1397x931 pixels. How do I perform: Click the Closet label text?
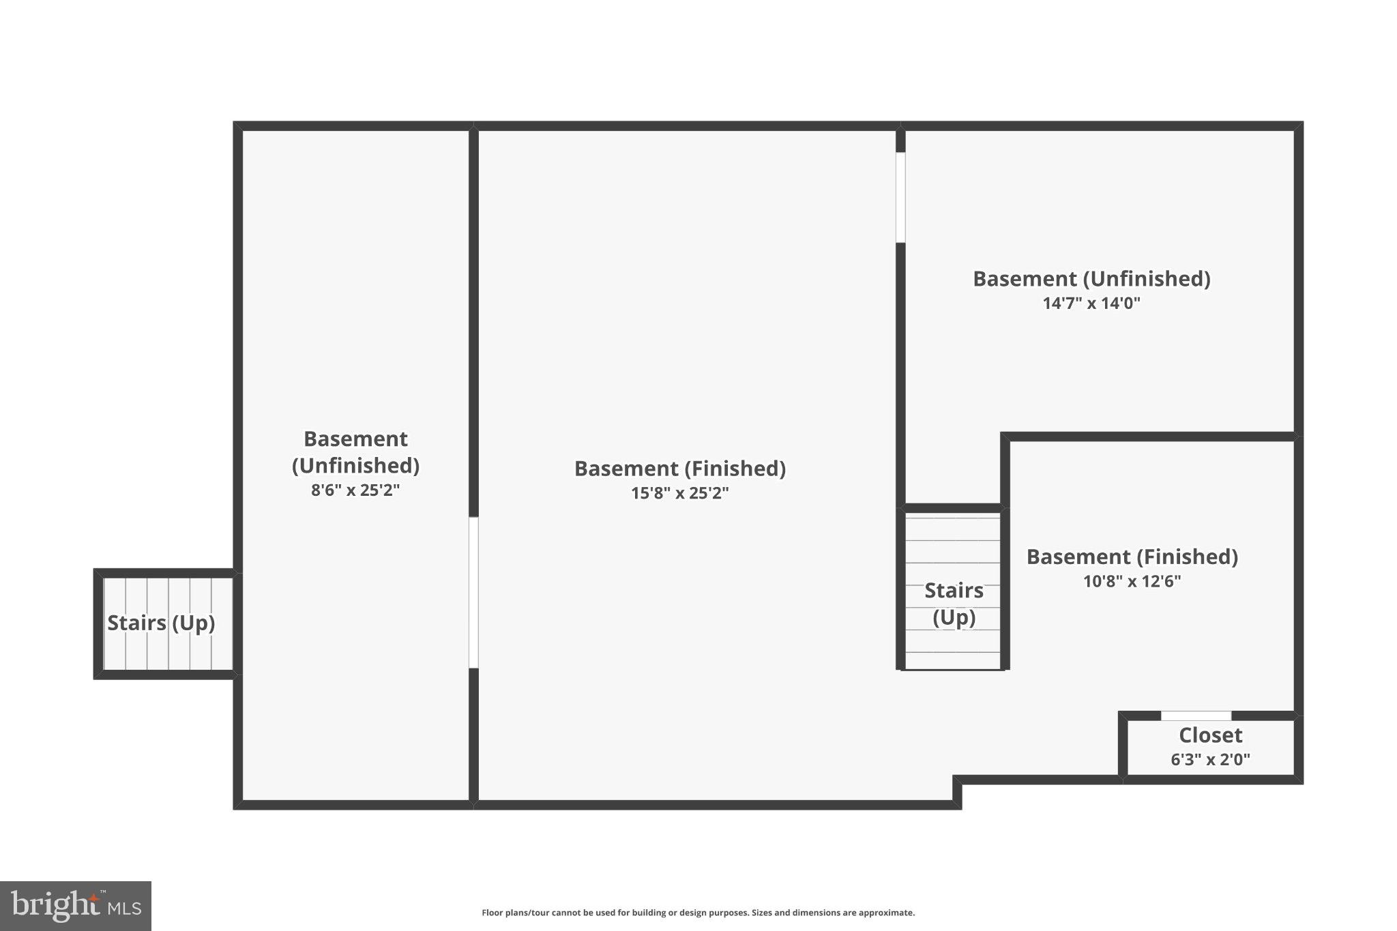[1210, 735]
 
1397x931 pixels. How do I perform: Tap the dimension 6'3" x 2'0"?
[1210, 760]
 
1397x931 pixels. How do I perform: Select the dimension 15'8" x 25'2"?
[679, 493]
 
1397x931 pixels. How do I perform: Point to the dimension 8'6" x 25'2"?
[355, 490]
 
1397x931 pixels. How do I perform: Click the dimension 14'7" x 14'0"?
[1091, 304]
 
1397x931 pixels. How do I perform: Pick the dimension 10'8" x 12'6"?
[1132, 582]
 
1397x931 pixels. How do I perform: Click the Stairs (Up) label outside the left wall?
[161, 623]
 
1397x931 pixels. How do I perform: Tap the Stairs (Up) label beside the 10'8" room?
[954, 604]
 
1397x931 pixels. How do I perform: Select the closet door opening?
[1196, 715]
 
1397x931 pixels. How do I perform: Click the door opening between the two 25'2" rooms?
[473, 592]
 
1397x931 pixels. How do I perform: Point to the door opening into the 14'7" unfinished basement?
[900, 197]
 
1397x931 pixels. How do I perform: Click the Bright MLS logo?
[76, 906]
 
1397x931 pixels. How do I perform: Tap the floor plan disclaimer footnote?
[698, 913]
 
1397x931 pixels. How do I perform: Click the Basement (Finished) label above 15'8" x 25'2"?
[679, 469]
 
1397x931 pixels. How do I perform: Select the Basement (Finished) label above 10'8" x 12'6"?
[1132, 557]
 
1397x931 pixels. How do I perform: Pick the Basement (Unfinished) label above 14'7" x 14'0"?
[1091, 279]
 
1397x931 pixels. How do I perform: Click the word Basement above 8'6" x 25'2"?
[355, 439]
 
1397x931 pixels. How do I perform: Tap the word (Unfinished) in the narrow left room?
[355, 466]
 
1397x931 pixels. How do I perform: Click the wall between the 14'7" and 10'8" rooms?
[1149, 437]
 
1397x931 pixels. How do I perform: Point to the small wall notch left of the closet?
[958, 791]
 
